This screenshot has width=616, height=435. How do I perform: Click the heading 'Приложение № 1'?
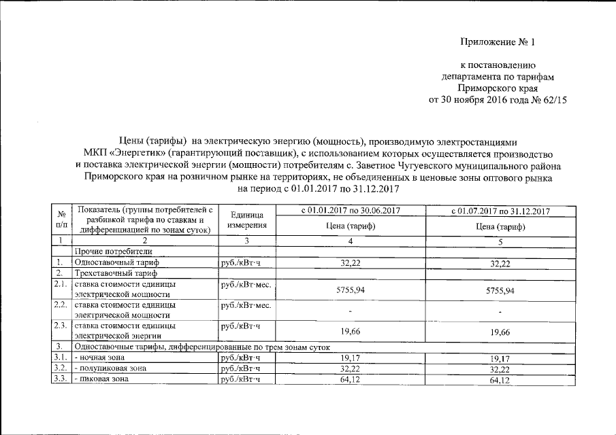pos(498,42)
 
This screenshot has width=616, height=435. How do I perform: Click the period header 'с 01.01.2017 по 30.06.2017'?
pos(351,211)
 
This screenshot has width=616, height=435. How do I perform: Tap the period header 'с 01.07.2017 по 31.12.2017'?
pos(500,211)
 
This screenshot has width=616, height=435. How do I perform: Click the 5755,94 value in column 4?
pos(351,290)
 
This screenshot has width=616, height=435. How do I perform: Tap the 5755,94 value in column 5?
pos(500,290)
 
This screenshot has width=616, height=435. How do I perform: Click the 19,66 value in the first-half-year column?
pos(351,332)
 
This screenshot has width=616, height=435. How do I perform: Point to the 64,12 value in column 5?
pos(500,380)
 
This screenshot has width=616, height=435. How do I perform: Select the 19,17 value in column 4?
pos(351,357)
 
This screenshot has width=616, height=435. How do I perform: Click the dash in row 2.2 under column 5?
pos(500,311)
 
